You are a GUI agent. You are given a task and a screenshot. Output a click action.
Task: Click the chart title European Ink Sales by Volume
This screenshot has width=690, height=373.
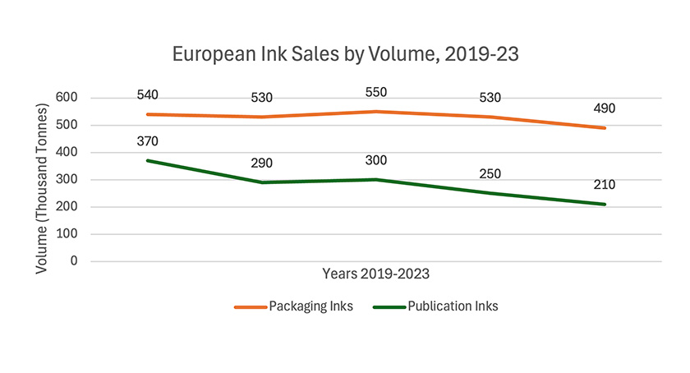point(345,55)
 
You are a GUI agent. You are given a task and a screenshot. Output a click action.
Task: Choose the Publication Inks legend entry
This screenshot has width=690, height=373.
point(435,306)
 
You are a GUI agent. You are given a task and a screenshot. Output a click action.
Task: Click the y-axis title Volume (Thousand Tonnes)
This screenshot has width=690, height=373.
point(42,182)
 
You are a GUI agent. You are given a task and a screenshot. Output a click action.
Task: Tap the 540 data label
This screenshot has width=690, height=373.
point(148,94)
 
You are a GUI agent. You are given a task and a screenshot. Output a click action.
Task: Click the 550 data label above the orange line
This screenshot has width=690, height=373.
point(375,92)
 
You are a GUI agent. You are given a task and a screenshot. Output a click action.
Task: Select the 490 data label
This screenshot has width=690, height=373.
point(605,108)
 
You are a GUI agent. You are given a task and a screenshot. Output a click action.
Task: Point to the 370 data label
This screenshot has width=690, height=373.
point(148,141)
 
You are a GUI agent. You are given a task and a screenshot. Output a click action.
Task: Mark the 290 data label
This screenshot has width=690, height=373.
point(262,163)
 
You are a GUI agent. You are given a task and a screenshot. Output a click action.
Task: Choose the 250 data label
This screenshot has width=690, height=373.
point(490,173)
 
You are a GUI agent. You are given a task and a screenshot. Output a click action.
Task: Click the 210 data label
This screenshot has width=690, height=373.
point(605,185)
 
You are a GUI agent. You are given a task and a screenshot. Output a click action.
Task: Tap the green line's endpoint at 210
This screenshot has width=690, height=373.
point(605,205)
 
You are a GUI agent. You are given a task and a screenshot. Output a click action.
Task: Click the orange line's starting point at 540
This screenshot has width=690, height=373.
point(148,114)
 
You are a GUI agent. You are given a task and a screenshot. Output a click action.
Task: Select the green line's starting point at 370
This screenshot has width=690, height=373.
point(148,160)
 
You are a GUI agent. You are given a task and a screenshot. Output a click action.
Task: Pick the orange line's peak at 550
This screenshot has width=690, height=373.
point(375,112)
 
